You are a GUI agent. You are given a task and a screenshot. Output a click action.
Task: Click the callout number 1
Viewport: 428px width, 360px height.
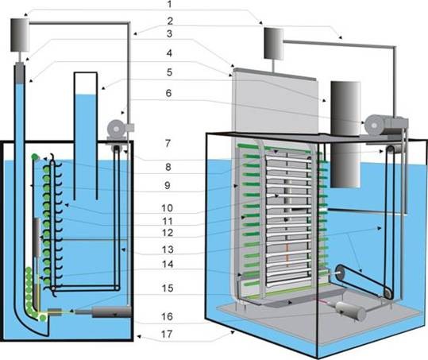pyautogui.click(x=169, y=4)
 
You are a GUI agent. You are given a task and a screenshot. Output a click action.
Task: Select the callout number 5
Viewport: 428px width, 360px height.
pyautogui.click(x=169, y=72)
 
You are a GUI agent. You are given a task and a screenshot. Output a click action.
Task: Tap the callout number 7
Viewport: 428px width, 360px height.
pyautogui.click(x=168, y=143)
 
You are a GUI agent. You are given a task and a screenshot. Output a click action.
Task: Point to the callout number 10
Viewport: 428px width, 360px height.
pyautogui.click(x=167, y=208)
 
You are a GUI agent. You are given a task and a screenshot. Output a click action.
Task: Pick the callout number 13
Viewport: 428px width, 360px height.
pyautogui.click(x=168, y=250)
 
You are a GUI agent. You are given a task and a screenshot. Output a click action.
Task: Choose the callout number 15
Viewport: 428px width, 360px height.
pyautogui.click(x=168, y=288)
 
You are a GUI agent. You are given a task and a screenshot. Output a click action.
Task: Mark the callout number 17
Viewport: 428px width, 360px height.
pyautogui.click(x=167, y=334)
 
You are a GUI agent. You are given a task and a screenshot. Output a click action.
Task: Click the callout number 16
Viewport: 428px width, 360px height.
pyautogui.click(x=167, y=316)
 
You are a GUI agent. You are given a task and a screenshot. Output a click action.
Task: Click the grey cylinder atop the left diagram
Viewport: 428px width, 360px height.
pyautogui.click(x=20, y=35)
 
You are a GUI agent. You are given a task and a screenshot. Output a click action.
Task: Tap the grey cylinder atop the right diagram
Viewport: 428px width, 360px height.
pyautogui.click(x=274, y=43)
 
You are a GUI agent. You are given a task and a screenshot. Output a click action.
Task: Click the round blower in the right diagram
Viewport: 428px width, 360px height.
pyautogui.click(x=375, y=125)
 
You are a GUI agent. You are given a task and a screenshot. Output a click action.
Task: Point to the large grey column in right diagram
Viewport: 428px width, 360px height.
pyautogui.click(x=345, y=134)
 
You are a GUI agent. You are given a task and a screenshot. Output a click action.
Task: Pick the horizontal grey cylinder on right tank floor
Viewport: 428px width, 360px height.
pyautogui.click(x=350, y=311)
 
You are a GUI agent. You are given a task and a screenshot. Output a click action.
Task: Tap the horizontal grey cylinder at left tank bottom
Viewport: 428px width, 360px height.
pyautogui.click(x=112, y=312)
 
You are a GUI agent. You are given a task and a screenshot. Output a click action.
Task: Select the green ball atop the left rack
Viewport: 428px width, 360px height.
pyautogui.click(x=35, y=157)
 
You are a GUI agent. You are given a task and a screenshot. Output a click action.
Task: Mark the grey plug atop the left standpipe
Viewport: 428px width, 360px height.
pyautogui.click(x=19, y=73)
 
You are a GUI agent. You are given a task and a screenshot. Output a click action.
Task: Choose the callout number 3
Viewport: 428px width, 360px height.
pyautogui.click(x=169, y=34)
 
